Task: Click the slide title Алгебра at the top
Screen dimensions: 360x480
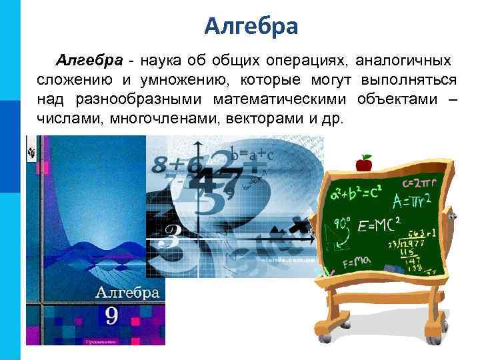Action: tap(251, 26)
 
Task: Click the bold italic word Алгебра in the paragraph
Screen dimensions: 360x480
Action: tap(89, 61)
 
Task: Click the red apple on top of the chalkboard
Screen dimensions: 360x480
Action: tap(364, 163)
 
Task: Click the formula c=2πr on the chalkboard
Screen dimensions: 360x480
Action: tap(419, 181)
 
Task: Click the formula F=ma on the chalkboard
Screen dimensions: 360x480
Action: tap(357, 263)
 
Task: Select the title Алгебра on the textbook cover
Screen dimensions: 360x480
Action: tap(127, 292)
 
